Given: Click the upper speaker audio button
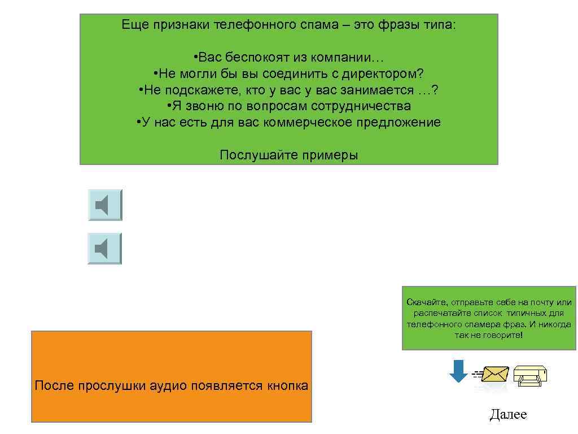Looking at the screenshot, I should (105, 205).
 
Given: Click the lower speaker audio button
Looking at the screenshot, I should (105, 249).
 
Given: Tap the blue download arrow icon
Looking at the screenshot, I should (458, 371).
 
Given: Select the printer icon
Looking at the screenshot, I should (530, 374).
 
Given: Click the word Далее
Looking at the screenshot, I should (508, 415).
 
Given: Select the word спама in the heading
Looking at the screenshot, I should (338, 25).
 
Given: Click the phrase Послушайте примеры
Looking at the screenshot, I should (288, 155).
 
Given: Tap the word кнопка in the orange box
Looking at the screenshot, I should (287, 386).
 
